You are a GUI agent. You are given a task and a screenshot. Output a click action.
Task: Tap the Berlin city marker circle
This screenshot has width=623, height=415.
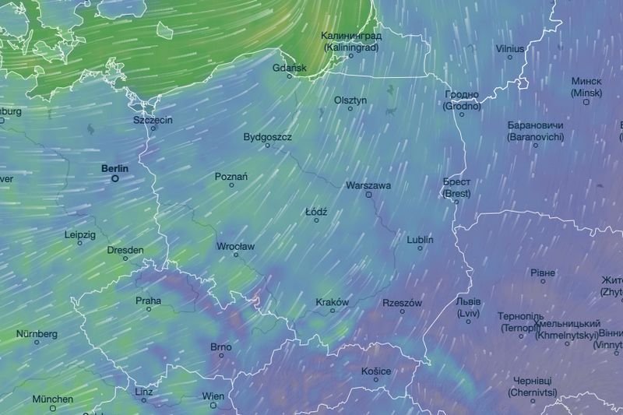[115, 178]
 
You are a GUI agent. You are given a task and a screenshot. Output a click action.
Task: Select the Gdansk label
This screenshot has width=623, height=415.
[291, 68]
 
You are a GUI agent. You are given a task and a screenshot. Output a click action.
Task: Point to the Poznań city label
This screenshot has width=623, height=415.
[231, 177]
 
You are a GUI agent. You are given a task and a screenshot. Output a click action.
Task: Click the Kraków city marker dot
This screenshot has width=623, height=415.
[333, 311]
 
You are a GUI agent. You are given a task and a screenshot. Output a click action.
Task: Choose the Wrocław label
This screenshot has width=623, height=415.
[235, 246]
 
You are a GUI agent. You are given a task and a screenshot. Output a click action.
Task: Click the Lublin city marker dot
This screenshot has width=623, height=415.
[421, 248]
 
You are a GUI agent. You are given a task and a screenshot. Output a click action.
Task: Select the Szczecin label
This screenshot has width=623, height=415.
[153, 120]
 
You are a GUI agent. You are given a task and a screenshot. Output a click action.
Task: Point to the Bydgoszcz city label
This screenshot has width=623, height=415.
[268, 137]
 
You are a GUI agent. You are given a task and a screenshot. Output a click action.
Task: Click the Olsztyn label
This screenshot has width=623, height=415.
[350, 100]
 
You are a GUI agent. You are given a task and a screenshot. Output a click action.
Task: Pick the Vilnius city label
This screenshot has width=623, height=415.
[510, 49]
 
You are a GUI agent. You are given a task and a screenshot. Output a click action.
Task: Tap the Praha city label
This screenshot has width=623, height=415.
[149, 301]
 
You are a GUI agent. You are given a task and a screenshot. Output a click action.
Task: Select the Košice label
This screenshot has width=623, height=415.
[376, 371]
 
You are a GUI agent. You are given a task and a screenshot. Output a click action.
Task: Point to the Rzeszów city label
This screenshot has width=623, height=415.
[402, 303]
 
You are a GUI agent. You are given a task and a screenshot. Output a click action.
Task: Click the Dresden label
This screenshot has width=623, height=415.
[125, 250]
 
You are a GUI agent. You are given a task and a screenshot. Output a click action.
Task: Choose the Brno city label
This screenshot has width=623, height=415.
[221, 346]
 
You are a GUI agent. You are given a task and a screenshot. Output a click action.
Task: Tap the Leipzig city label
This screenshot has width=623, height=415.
[80, 234]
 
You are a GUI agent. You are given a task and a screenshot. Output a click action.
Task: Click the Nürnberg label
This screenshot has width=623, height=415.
[37, 334]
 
